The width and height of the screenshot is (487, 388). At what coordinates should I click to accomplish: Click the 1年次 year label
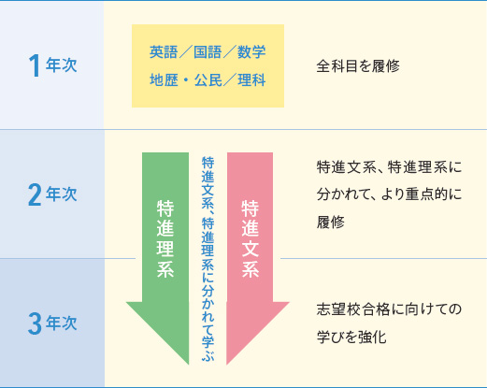point(52,65)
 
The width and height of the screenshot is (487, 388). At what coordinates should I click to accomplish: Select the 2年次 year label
point(52,194)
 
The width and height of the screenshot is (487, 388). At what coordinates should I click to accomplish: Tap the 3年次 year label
point(52,323)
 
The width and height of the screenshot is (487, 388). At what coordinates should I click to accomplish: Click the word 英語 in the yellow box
point(164,51)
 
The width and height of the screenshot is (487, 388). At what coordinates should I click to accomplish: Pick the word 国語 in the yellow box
point(208,51)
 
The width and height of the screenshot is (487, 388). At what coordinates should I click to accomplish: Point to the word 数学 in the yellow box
point(251,51)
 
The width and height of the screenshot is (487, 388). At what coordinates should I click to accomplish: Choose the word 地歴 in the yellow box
point(164,80)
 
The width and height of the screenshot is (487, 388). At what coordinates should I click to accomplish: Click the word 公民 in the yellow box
point(208,80)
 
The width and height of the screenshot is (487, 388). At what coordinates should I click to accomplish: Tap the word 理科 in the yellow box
point(251,80)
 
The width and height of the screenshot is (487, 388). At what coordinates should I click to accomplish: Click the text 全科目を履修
point(358,66)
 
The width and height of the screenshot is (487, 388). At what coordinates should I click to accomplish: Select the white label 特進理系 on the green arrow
point(165,238)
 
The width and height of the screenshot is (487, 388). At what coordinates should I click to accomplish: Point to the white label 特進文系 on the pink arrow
point(251,238)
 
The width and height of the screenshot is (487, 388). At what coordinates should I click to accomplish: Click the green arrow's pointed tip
point(189,364)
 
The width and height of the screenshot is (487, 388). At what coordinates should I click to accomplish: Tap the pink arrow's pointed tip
point(227,364)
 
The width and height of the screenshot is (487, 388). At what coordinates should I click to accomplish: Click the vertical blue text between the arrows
point(208,259)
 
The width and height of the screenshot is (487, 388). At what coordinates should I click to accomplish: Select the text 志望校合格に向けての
point(389,309)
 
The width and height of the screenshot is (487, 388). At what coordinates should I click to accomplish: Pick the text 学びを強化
point(351,337)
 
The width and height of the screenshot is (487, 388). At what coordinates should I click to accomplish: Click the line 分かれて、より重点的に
point(389,194)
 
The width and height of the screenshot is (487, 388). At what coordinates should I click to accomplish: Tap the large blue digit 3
point(35,323)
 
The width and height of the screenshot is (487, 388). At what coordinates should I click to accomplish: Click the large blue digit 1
point(35,65)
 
